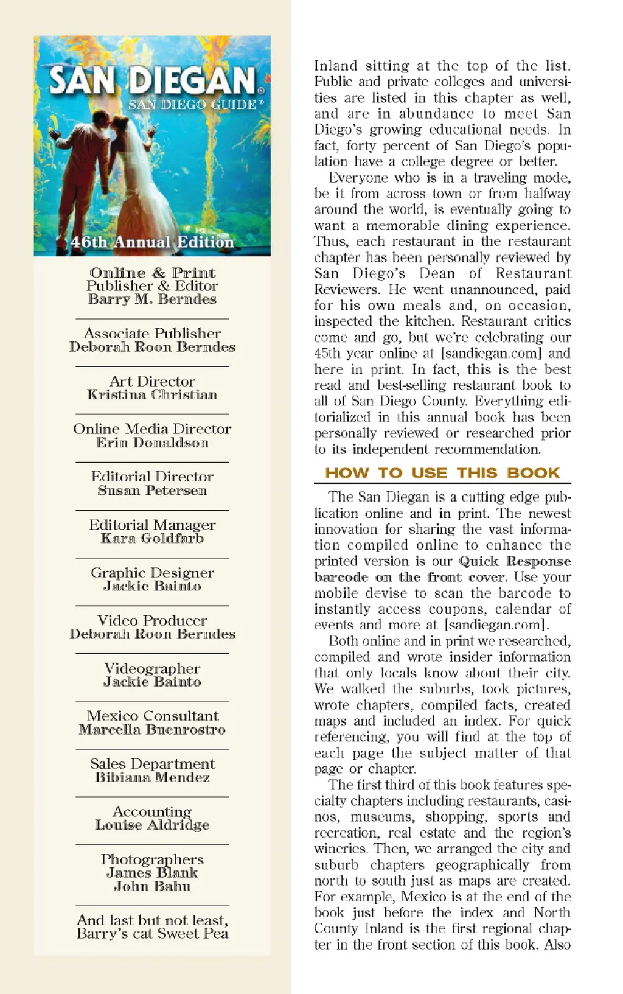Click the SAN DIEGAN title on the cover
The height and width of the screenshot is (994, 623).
[153, 80]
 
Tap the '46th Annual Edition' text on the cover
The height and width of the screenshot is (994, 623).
[152, 242]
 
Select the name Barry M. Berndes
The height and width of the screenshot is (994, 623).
[152, 299]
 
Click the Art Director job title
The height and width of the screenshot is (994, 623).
[152, 382]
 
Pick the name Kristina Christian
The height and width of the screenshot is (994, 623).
[152, 395]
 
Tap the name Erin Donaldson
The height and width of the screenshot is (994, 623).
[152, 443]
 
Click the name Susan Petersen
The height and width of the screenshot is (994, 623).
[152, 491]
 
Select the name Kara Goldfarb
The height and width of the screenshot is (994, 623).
[152, 539]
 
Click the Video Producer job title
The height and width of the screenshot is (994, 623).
[152, 621]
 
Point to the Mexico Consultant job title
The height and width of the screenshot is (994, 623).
[152, 716]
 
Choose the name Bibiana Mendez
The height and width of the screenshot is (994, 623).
[152, 778]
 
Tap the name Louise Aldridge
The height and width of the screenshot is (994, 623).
[152, 825]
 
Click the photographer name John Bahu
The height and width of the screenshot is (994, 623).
[152, 887]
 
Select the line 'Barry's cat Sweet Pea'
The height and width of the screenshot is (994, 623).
[152, 934]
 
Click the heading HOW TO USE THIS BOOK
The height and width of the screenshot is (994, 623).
[442, 473]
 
